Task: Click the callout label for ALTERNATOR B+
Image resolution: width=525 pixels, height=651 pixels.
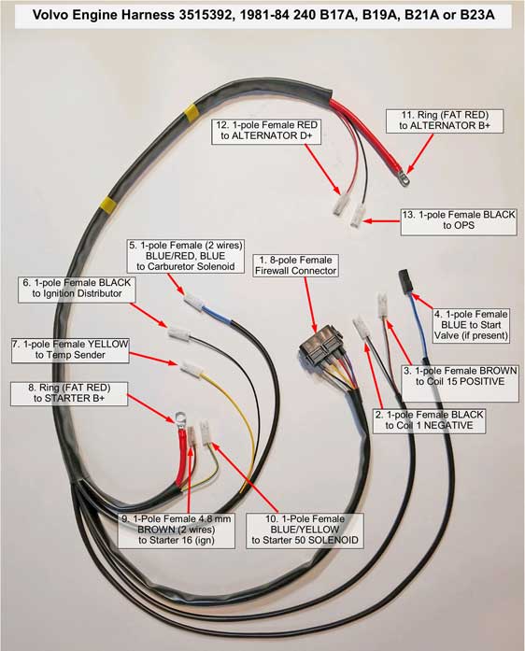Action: pos(445,120)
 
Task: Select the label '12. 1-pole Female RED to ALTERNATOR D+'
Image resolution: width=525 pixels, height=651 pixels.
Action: pos(266,131)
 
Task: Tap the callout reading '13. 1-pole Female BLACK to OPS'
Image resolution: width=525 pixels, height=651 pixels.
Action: pos(459,220)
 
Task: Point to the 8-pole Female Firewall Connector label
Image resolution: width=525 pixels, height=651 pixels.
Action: pos(296,265)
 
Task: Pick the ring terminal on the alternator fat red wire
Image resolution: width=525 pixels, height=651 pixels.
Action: pos(403,179)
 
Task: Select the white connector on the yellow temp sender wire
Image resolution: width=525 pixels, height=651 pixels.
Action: pos(192,369)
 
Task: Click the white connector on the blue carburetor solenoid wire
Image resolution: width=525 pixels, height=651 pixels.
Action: pos(193,302)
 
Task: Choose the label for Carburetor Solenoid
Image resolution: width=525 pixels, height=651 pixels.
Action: pos(185,256)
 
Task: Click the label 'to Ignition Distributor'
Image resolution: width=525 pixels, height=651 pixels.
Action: pos(77,293)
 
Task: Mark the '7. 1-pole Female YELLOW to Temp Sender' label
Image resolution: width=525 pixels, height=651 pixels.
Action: pos(70,349)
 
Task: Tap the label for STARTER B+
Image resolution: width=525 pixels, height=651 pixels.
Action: pos(69,393)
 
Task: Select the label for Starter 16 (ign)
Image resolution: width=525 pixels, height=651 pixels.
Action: pos(177,530)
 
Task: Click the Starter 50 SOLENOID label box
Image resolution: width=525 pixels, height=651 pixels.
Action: pos(305,530)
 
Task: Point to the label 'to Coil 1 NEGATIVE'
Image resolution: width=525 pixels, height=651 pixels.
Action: pos(429,426)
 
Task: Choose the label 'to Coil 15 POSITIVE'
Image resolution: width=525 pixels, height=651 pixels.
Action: pos(461,382)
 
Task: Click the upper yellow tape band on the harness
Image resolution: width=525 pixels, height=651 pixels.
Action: pos(192,112)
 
